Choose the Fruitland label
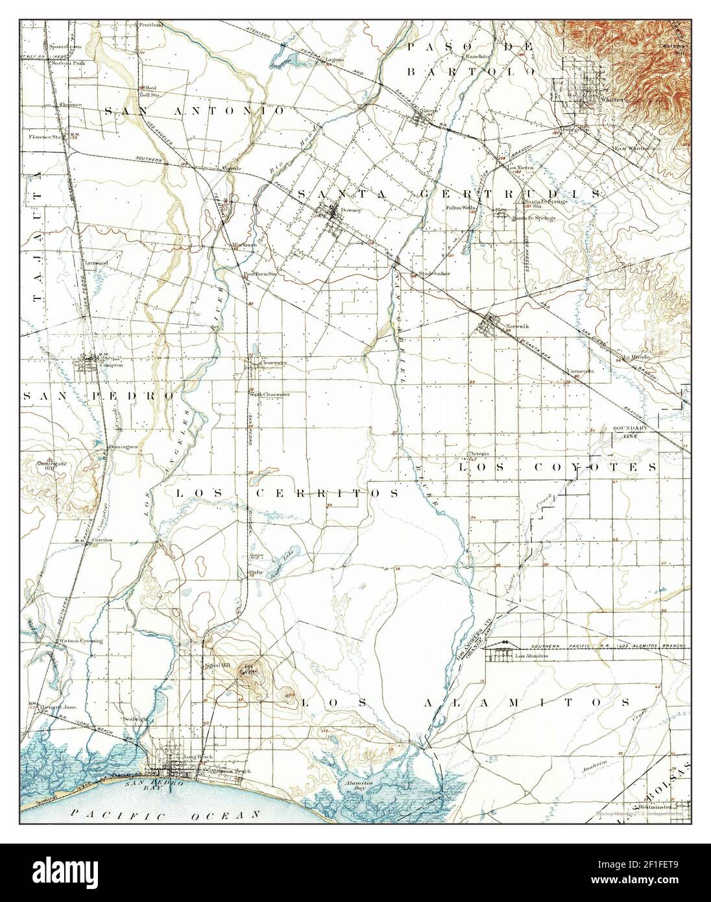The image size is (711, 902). pyautogui.click(x=151, y=25)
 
